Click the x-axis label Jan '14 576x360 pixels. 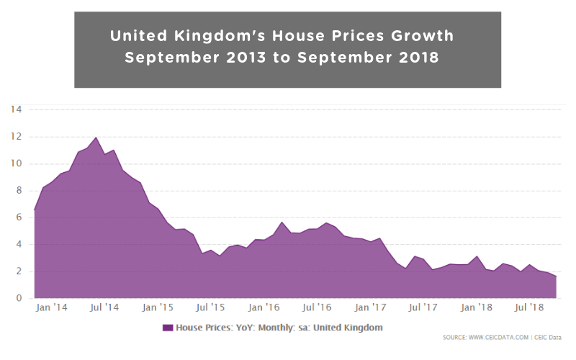[51, 308]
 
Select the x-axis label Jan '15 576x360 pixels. [158, 308]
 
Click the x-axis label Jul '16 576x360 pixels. [318, 308]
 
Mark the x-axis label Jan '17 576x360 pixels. [372, 308]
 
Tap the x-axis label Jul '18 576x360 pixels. [531, 308]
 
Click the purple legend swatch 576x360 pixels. [168, 328]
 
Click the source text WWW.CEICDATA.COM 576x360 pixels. [498, 336]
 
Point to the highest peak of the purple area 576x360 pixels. [96, 138]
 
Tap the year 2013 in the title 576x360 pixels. [228, 58]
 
